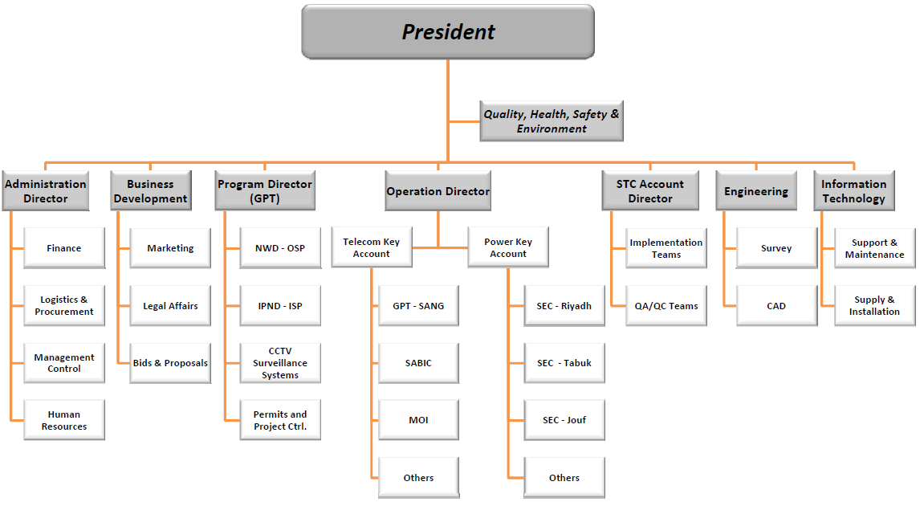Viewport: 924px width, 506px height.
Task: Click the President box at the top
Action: pyautogui.click(x=448, y=31)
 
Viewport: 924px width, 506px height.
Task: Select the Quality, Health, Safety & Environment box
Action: pyautogui.click(x=552, y=121)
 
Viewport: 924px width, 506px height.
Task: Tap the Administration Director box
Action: pyautogui.click(x=46, y=191)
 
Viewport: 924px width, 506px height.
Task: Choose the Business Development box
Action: pyautogui.click(x=151, y=191)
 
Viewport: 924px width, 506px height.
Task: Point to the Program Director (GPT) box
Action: pyautogui.click(x=265, y=191)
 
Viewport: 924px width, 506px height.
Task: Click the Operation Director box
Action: pyautogui.click(x=438, y=191)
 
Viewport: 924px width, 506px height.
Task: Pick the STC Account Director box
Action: pyautogui.click(x=650, y=191)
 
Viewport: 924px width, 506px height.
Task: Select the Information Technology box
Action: pyautogui.click(x=853, y=191)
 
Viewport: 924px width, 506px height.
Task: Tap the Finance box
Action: pyautogui.click(x=64, y=248)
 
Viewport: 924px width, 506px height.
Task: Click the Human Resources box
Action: pyautogui.click(x=64, y=420)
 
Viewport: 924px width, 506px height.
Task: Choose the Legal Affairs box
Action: pyautogui.click(x=170, y=306)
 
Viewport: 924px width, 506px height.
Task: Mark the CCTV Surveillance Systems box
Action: pyautogui.click(x=280, y=363)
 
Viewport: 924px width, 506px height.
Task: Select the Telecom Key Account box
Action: pyautogui.click(x=372, y=247)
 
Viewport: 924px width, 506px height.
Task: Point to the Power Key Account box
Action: pyautogui.click(x=508, y=247)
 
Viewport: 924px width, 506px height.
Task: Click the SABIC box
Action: pyautogui.click(x=418, y=363)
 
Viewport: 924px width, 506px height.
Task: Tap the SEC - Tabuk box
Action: pyautogui.click(x=564, y=363)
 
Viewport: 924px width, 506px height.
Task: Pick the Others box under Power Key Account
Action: pyautogui.click(x=564, y=478)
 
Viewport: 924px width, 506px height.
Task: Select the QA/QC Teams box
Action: pyautogui.click(x=666, y=306)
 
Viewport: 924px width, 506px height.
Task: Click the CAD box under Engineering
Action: pyautogui.click(x=776, y=306)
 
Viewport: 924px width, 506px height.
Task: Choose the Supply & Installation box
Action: pyautogui.click(x=874, y=306)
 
